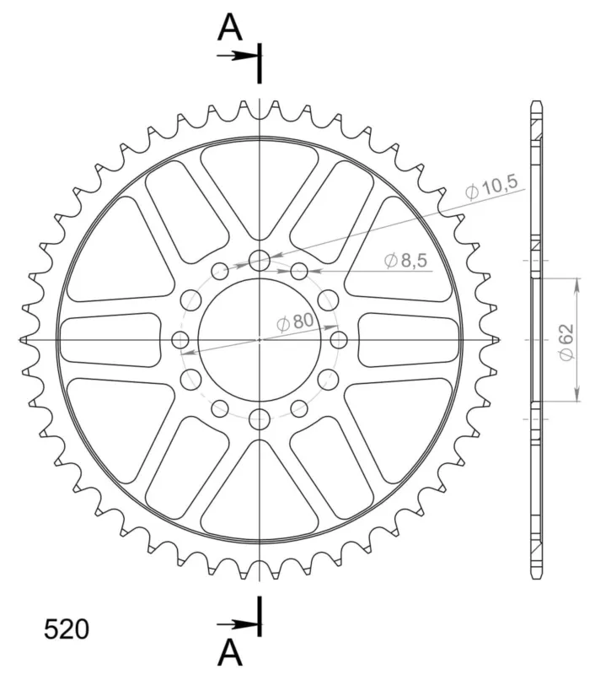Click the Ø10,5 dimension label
(x=491, y=187)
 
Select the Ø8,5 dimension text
(x=405, y=261)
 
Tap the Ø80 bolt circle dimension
(x=295, y=321)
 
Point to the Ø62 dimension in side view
(x=566, y=343)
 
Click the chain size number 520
(x=67, y=629)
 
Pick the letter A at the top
(x=230, y=27)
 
